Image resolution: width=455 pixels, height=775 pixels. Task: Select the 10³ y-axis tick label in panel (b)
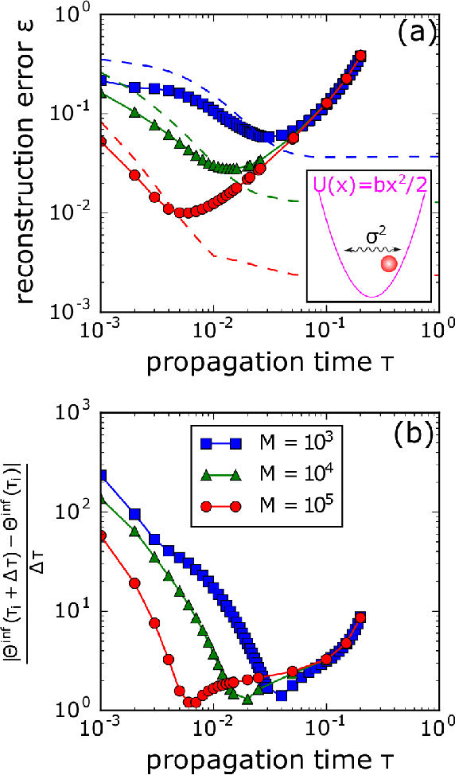pyautogui.click(x=80, y=412)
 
